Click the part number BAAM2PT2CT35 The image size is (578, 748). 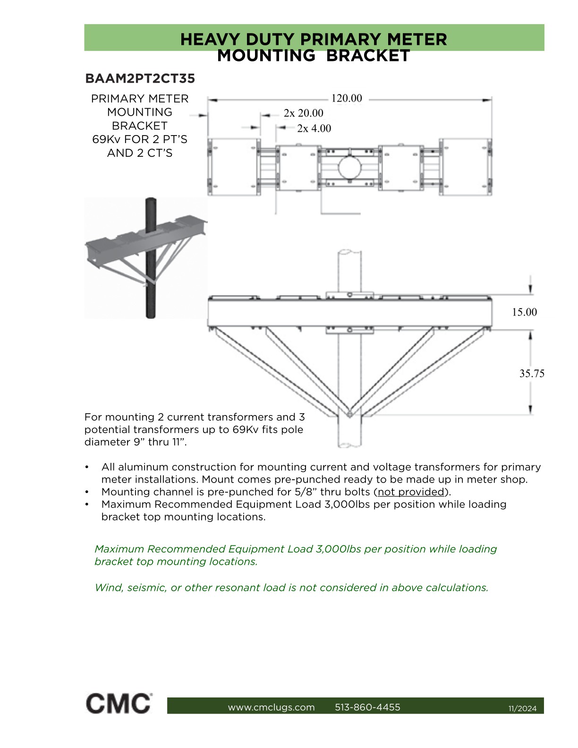pyautogui.click(x=140, y=78)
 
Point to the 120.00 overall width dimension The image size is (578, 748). pyautogui.click(x=346, y=98)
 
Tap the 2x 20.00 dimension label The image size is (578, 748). pyautogui.click(x=303, y=113)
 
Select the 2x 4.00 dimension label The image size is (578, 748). pyautogui.click(x=314, y=128)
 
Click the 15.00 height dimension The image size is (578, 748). pyautogui.click(x=524, y=312)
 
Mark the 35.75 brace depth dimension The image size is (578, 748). pyautogui.click(x=532, y=374)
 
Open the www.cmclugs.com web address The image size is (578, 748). pyautogui.click(x=271, y=707)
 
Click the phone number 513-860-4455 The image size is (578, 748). pyautogui.click(x=368, y=707)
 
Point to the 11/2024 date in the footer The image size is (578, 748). pyautogui.click(x=523, y=708)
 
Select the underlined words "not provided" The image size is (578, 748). pyautogui.click(x=411, y=492)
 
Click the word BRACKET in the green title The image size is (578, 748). pyautogui.click(x=368, y=56)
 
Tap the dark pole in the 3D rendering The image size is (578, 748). pyautogui.click(x=151, y=258)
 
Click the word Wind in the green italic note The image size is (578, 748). pyautogui.click(x=109, y=587)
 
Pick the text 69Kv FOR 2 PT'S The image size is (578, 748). pyautogui.click(x=140, y=139)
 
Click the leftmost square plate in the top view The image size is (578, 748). pyautogui.click(x=234, y=167)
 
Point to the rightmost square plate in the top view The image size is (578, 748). pyautogui.click(x=466, y=167)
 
